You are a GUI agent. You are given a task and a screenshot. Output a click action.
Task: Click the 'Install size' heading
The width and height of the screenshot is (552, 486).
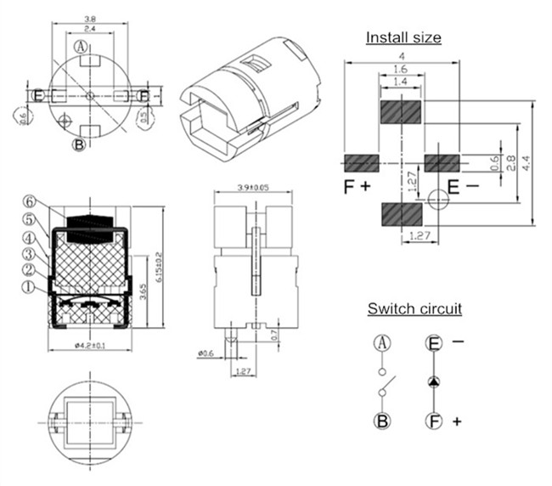pyautogui.click(x=403, y=37)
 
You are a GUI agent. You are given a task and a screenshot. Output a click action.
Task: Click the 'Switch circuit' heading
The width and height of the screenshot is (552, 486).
pyautogui.click(x=414, y=308)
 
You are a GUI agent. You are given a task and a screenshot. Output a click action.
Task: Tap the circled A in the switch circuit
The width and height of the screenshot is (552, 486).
pyautogui.click(x=382, y=344)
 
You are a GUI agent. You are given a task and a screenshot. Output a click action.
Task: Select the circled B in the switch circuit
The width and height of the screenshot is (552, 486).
pyautogui.click(x=382, y=421)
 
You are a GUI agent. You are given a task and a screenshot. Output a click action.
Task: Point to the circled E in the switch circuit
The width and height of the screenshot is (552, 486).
pyautogui.click(x=434, y=344)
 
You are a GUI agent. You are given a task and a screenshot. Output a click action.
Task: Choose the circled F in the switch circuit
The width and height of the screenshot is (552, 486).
pyautogui.click(x=434, y=421)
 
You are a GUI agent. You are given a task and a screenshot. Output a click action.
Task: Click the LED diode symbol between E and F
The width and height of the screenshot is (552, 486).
pyautogui.click(x=434, y=381)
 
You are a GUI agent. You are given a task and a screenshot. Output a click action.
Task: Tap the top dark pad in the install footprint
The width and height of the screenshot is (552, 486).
pyautogui.click(x=399, y=111)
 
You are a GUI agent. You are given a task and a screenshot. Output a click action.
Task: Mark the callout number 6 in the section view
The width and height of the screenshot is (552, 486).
pyautogui.click(x=30, y=201)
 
